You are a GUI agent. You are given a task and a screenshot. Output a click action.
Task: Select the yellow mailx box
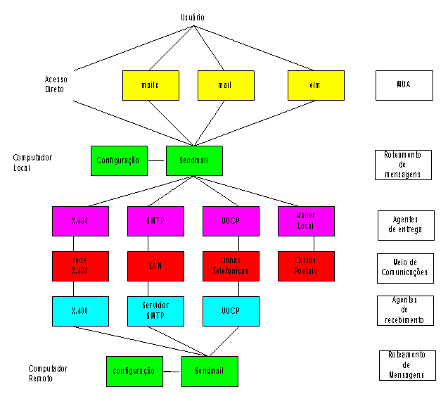pyautogui.click(x=150, y=85)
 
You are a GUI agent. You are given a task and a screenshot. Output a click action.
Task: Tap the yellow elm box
pyautogui.click(x=315, y=85)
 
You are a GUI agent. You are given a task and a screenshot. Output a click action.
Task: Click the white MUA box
pyautogui.click(x=403, y=85)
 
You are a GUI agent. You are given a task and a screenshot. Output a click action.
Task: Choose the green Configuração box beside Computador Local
pyautogui.click(x=119, y=160)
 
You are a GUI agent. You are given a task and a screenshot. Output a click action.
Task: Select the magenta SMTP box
pyautogui.click(x=155, y=221)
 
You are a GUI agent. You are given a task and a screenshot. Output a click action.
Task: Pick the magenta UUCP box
pyautogui.click(x=231, y=221)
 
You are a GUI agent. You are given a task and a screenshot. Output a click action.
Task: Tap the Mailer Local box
pyautogui.click(x=306, y=221)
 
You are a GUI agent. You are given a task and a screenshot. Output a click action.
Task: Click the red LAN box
pyautogui.click(x=155, y=266)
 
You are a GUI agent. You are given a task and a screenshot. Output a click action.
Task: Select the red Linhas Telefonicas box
pyautogui.click(x=231, y=266)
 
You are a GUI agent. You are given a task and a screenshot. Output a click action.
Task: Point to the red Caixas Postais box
pyautogui.click(x=306, y=266)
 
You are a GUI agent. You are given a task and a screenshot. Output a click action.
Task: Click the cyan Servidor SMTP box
pyautogui.click(x=155, y=310)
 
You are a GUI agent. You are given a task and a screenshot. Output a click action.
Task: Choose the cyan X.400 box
pyautogui.click(x=80, y=310)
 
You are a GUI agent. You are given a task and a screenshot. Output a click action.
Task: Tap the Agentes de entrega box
pyautogui.click(x=404, y=225)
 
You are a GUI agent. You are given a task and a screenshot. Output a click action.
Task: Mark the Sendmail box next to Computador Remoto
pyautogui.click(x=209, y=371)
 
